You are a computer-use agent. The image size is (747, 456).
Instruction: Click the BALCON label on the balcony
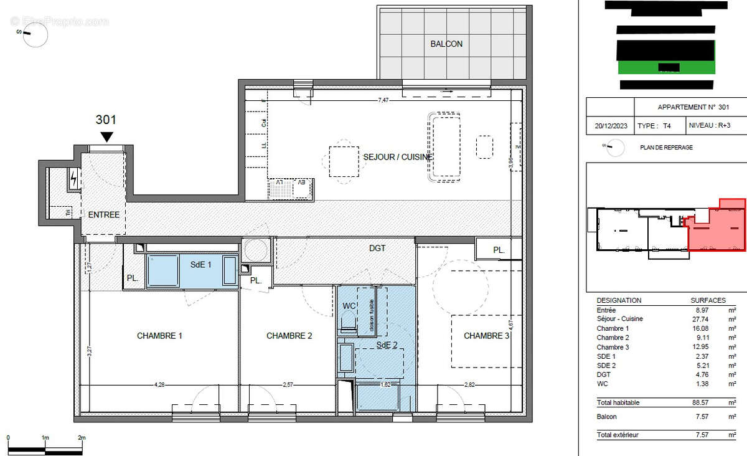coord(446,44)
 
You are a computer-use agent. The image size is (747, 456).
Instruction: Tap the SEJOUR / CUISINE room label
coord(397,157)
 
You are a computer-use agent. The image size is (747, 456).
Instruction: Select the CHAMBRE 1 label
coord(159,336)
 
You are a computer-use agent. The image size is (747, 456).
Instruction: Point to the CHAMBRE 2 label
coord(289,336)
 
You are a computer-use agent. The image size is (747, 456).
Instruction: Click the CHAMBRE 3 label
coord(487,336)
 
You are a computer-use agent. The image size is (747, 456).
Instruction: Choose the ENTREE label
coord(103,214)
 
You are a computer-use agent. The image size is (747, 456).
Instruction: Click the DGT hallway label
coord(377,248)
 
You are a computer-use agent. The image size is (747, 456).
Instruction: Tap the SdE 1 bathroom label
coord(201,264)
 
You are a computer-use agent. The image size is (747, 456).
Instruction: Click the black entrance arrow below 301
coord(107,136)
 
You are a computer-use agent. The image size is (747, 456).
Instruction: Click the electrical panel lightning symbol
coord(74,180)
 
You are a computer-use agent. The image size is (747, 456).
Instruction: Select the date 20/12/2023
coord(610,125)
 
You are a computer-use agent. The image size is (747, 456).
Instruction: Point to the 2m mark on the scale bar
coord(82,438)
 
